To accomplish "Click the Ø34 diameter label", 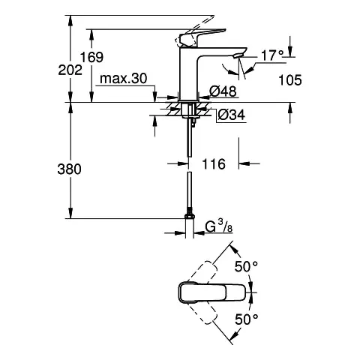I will tap(230, 114).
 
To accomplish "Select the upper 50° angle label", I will tap(248, 267).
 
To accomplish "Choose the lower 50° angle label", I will tap(248, 319).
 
